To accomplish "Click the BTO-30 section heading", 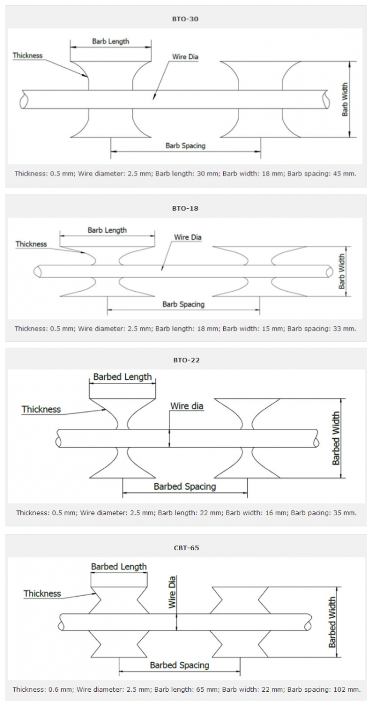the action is [x=185, y=19].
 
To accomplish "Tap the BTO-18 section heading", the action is [x=185, y=208].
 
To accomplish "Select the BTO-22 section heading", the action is [x=187, y=360].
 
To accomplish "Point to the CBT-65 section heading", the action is [x=187, y=548].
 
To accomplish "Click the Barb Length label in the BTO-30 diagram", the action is [x=111, y=42].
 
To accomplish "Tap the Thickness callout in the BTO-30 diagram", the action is [x=27, y=56].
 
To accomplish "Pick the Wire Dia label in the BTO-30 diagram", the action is [x=185, y=57].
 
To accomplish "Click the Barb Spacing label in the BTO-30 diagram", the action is [x=185, y=145].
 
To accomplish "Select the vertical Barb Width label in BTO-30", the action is [x=345, y=99].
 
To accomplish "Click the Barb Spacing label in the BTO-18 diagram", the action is [x=183, y=304].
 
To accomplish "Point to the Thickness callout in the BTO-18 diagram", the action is [x=31, y=244].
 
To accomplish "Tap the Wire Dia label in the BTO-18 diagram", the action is [x=188, y=237].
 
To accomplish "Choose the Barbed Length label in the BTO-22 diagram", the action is [x=123, y=377].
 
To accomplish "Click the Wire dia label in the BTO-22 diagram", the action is [x=187, y=406].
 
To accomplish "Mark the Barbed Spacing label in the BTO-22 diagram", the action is [x=185, y=486].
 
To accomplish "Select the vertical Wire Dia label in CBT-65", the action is [x=172, y=592].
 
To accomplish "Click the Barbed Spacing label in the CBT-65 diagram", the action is [x=179, y=665].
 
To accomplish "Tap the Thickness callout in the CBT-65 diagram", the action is [x=42, y=593].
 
